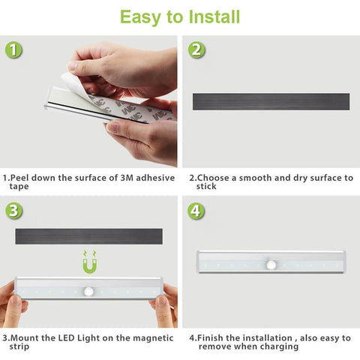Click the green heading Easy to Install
click(x=180, y=16)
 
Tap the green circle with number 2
click(x=196, y=51)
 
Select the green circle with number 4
click(x=196, y=211)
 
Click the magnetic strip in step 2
click(x=271, y=101)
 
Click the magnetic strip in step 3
click(x=89, y=236)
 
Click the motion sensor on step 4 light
click(x=270, y=265)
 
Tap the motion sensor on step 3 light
click(x=89, y=291)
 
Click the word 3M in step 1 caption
click(x=122, y=178)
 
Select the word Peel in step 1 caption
click(x=19, y=178)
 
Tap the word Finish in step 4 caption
click(x=210, y=337)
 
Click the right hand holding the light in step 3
click(x=166, y=306)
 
